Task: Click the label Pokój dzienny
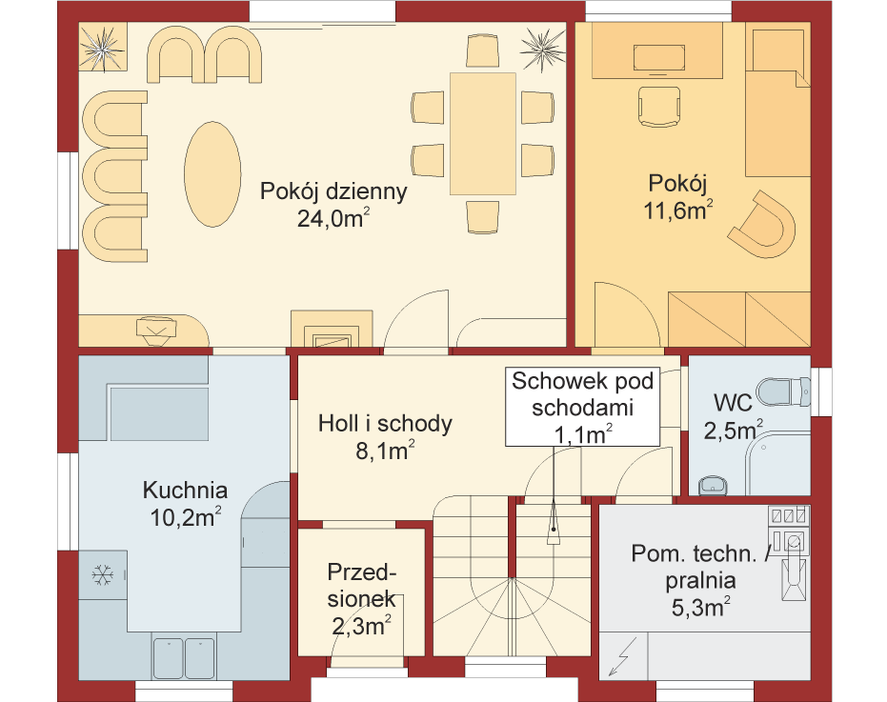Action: click(x=333, y=191)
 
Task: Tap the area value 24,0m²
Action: click(x=333, y=218)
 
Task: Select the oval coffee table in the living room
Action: click(x=212, y=174)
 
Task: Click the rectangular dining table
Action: click(x=483, y=133)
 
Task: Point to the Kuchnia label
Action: click(x=185, y=490)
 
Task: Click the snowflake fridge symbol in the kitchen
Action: click(x=102, y=575)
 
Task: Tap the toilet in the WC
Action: click(x=783, y=391)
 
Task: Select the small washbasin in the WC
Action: click(x=714, y=486)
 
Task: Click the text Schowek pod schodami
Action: click(x=583, y=394)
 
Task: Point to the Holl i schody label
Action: click(x=385, y=424)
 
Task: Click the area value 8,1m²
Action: click(x=385, y=451)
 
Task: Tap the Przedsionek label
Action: click(x=361, y=586)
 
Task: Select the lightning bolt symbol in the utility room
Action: click(x=622, y=656)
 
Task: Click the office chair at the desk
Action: click(x=659, y=106)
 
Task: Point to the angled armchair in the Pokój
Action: click(x=763, y=224)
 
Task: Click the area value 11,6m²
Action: click(x=677, y=211)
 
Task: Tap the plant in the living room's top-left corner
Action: click(x=102, y=48)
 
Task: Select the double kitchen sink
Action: click(x=185, y=658)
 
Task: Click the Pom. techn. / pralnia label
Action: click(x=700, y=567)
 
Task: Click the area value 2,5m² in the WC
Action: click(x=734, y=431)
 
